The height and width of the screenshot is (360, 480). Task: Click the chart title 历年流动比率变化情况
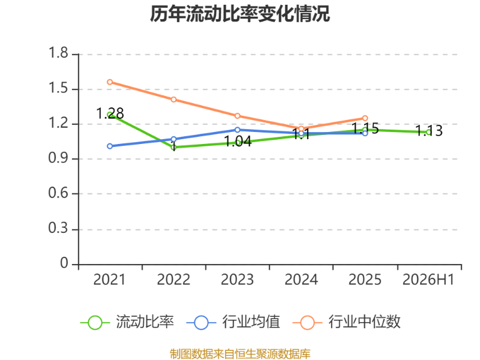coord(240,14)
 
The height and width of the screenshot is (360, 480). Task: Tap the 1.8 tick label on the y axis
coord(58,53)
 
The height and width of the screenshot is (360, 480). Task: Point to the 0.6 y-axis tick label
coord(58,193)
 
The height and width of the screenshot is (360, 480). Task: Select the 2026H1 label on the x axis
coord(428,280)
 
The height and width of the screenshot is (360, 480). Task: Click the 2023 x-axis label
coord(237,280)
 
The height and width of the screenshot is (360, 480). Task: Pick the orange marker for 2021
coord(110,82)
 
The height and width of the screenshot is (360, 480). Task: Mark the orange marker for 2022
coord(173,100)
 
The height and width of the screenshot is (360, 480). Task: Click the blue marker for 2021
coord(110,146)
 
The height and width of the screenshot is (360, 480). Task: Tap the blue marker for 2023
coord(237,130)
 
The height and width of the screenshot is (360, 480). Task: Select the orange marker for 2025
coord(365,118)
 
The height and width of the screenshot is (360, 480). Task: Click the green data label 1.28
coord(110,113)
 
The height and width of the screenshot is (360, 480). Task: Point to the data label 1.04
coord(238,142)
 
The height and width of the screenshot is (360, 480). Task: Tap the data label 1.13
coord(429,131)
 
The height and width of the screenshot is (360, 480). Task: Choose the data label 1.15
coord(365,128)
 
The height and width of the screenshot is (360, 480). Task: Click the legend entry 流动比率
coord(127,322)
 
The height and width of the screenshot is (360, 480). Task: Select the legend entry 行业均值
coord(233,322)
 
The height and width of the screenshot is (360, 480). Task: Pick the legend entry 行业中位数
coord(347,322)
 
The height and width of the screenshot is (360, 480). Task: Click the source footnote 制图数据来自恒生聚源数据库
coord(240,354)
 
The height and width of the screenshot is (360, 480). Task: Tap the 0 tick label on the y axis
coord(64,263)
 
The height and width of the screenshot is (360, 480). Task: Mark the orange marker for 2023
coord(237,116)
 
